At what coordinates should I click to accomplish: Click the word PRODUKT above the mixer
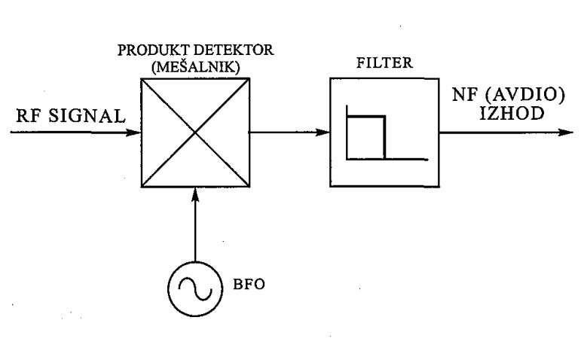pyautogui.click(x=154, y=50)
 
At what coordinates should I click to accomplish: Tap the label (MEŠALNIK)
pyautogui.click(x=195, y=67)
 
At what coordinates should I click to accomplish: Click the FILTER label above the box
pyautogui.click(x=384, y=63)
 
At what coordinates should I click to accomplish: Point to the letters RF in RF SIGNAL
pyautogui.click(x=30, y=115)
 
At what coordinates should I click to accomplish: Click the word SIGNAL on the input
pyautogui.click(x=87, y=115)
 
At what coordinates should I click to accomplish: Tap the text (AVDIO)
pyautogui.click(x=525, y=95)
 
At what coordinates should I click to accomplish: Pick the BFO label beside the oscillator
pyautogui.click(x=249, y=284)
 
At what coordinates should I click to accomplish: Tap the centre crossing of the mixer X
pyautogui.click(x=195, y=132)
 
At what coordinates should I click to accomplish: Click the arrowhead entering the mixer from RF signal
pyautogui.click(x=134, y=132)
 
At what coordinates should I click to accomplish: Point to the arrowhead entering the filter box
pyautogui.click(x=323, y=132)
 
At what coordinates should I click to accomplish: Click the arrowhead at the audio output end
pyautogui.click(x=566, y=132)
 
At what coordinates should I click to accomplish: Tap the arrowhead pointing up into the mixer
pyautogui.click(x=195, y=194)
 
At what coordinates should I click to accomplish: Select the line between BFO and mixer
pyautogui.click(x=195, y=224)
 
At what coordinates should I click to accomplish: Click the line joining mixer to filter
pyautogui.click(x=290, y=132)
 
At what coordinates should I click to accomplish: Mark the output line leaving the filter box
pyautogui.click(x=506, y=132)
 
